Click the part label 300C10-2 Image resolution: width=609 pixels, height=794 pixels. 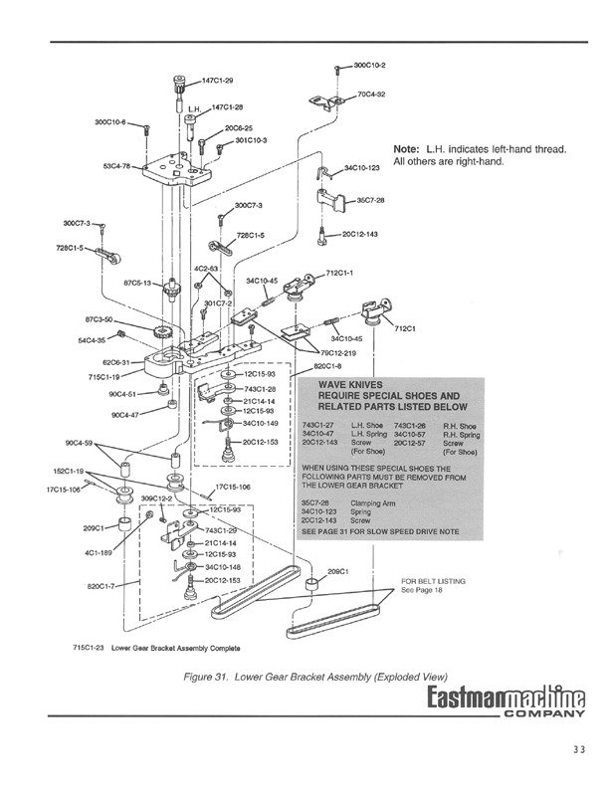371,65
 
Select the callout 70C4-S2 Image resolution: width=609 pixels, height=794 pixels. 372,95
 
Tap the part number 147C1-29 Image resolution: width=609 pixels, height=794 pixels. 219,80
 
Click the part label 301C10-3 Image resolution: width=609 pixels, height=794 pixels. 251,140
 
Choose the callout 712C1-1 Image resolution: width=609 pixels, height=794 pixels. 341,272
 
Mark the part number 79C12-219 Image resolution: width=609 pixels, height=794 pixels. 338,352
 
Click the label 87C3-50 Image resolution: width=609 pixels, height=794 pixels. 101,319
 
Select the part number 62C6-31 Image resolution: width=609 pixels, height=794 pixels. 102,363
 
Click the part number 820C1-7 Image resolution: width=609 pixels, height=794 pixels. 102,586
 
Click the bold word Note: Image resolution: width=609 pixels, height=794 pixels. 406,149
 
